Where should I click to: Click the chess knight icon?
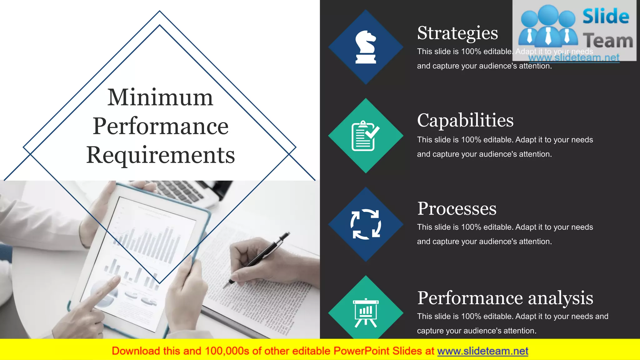pyautogui.click(x=366, y=47)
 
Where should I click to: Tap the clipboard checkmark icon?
pyautogui.click(x=365, y=136)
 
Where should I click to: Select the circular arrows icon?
pyautogui.click(x=366, y=224)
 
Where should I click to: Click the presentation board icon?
pyautogui.click(x=366, y=312)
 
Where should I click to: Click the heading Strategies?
pyautogui.click(x=457, y=33)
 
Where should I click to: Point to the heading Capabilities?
pyautogui.click(x=465, y=120)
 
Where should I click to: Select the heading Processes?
pyautogui.click(x=457, y=208)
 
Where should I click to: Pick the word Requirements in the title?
pyautogui.click(x=160, y=155)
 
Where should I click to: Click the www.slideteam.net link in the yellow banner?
pyautogui.click(x=482, y=351)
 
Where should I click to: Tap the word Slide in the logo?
pyautogui.click(x=606, y=17)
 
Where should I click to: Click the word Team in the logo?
pyautogui.click(x=608, y=41)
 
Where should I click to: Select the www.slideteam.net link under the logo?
pyautogui.click(x=574, y=58)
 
